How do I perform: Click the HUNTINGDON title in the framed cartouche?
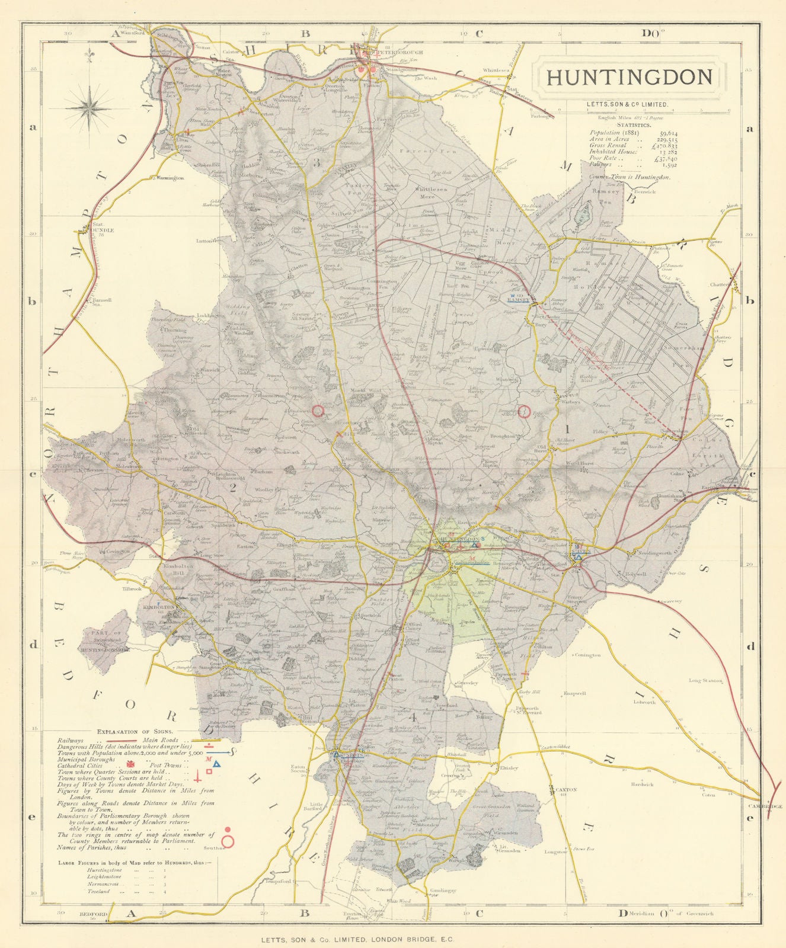coord(628,78)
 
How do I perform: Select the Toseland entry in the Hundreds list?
coord(98,891)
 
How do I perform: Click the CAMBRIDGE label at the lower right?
coord(765,806)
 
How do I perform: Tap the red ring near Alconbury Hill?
coord(318,410)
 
